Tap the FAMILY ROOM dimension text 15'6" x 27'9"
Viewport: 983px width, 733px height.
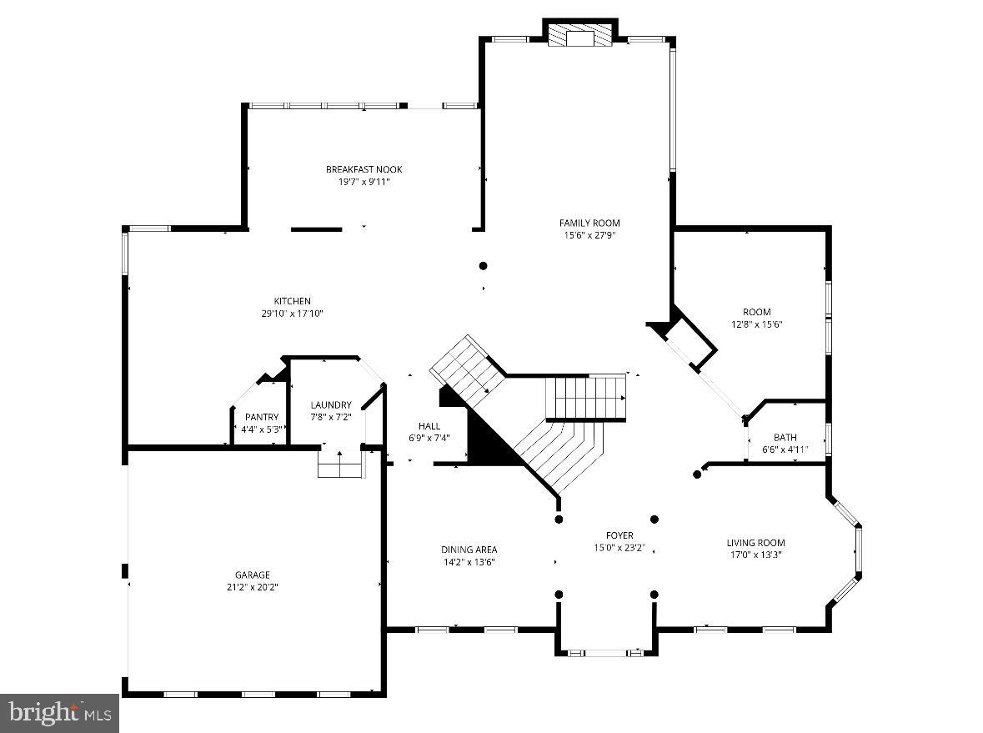589,235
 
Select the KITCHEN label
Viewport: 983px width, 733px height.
292,301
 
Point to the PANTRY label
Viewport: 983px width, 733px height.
261,418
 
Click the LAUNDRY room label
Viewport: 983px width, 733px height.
331,405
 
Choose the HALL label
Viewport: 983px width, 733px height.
429,426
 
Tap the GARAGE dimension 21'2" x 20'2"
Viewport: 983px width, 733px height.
252,587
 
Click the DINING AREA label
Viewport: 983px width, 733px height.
469,550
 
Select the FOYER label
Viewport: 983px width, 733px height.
619,535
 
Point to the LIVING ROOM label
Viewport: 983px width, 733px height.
755,543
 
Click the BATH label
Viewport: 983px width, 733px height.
785,437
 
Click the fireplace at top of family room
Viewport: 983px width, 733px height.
580,37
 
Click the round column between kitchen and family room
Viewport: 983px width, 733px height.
483,266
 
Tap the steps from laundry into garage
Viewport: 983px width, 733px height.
341,464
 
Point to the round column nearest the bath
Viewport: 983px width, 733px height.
697,474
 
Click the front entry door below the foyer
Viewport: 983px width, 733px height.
606,652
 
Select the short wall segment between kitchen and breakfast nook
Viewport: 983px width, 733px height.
316,229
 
